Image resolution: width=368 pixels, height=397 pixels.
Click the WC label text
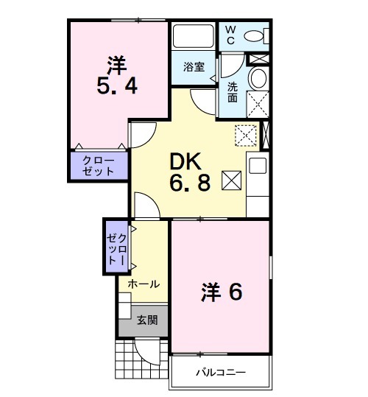point(230,34)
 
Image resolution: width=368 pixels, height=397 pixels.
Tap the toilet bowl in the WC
point(255,35)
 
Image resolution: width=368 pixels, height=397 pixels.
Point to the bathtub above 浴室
point(194,36)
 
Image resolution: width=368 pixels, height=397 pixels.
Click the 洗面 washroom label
point(231,91)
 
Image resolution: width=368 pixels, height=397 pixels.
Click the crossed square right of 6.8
point(230,180)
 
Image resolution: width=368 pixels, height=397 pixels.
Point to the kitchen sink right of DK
point(258,166)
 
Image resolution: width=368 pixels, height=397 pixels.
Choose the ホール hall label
point(144,284)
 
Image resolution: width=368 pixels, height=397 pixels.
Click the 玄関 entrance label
point(146,320)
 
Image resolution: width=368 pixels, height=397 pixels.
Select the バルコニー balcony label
point(220,372)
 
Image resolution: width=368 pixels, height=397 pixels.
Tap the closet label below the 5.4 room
point(99,165)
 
